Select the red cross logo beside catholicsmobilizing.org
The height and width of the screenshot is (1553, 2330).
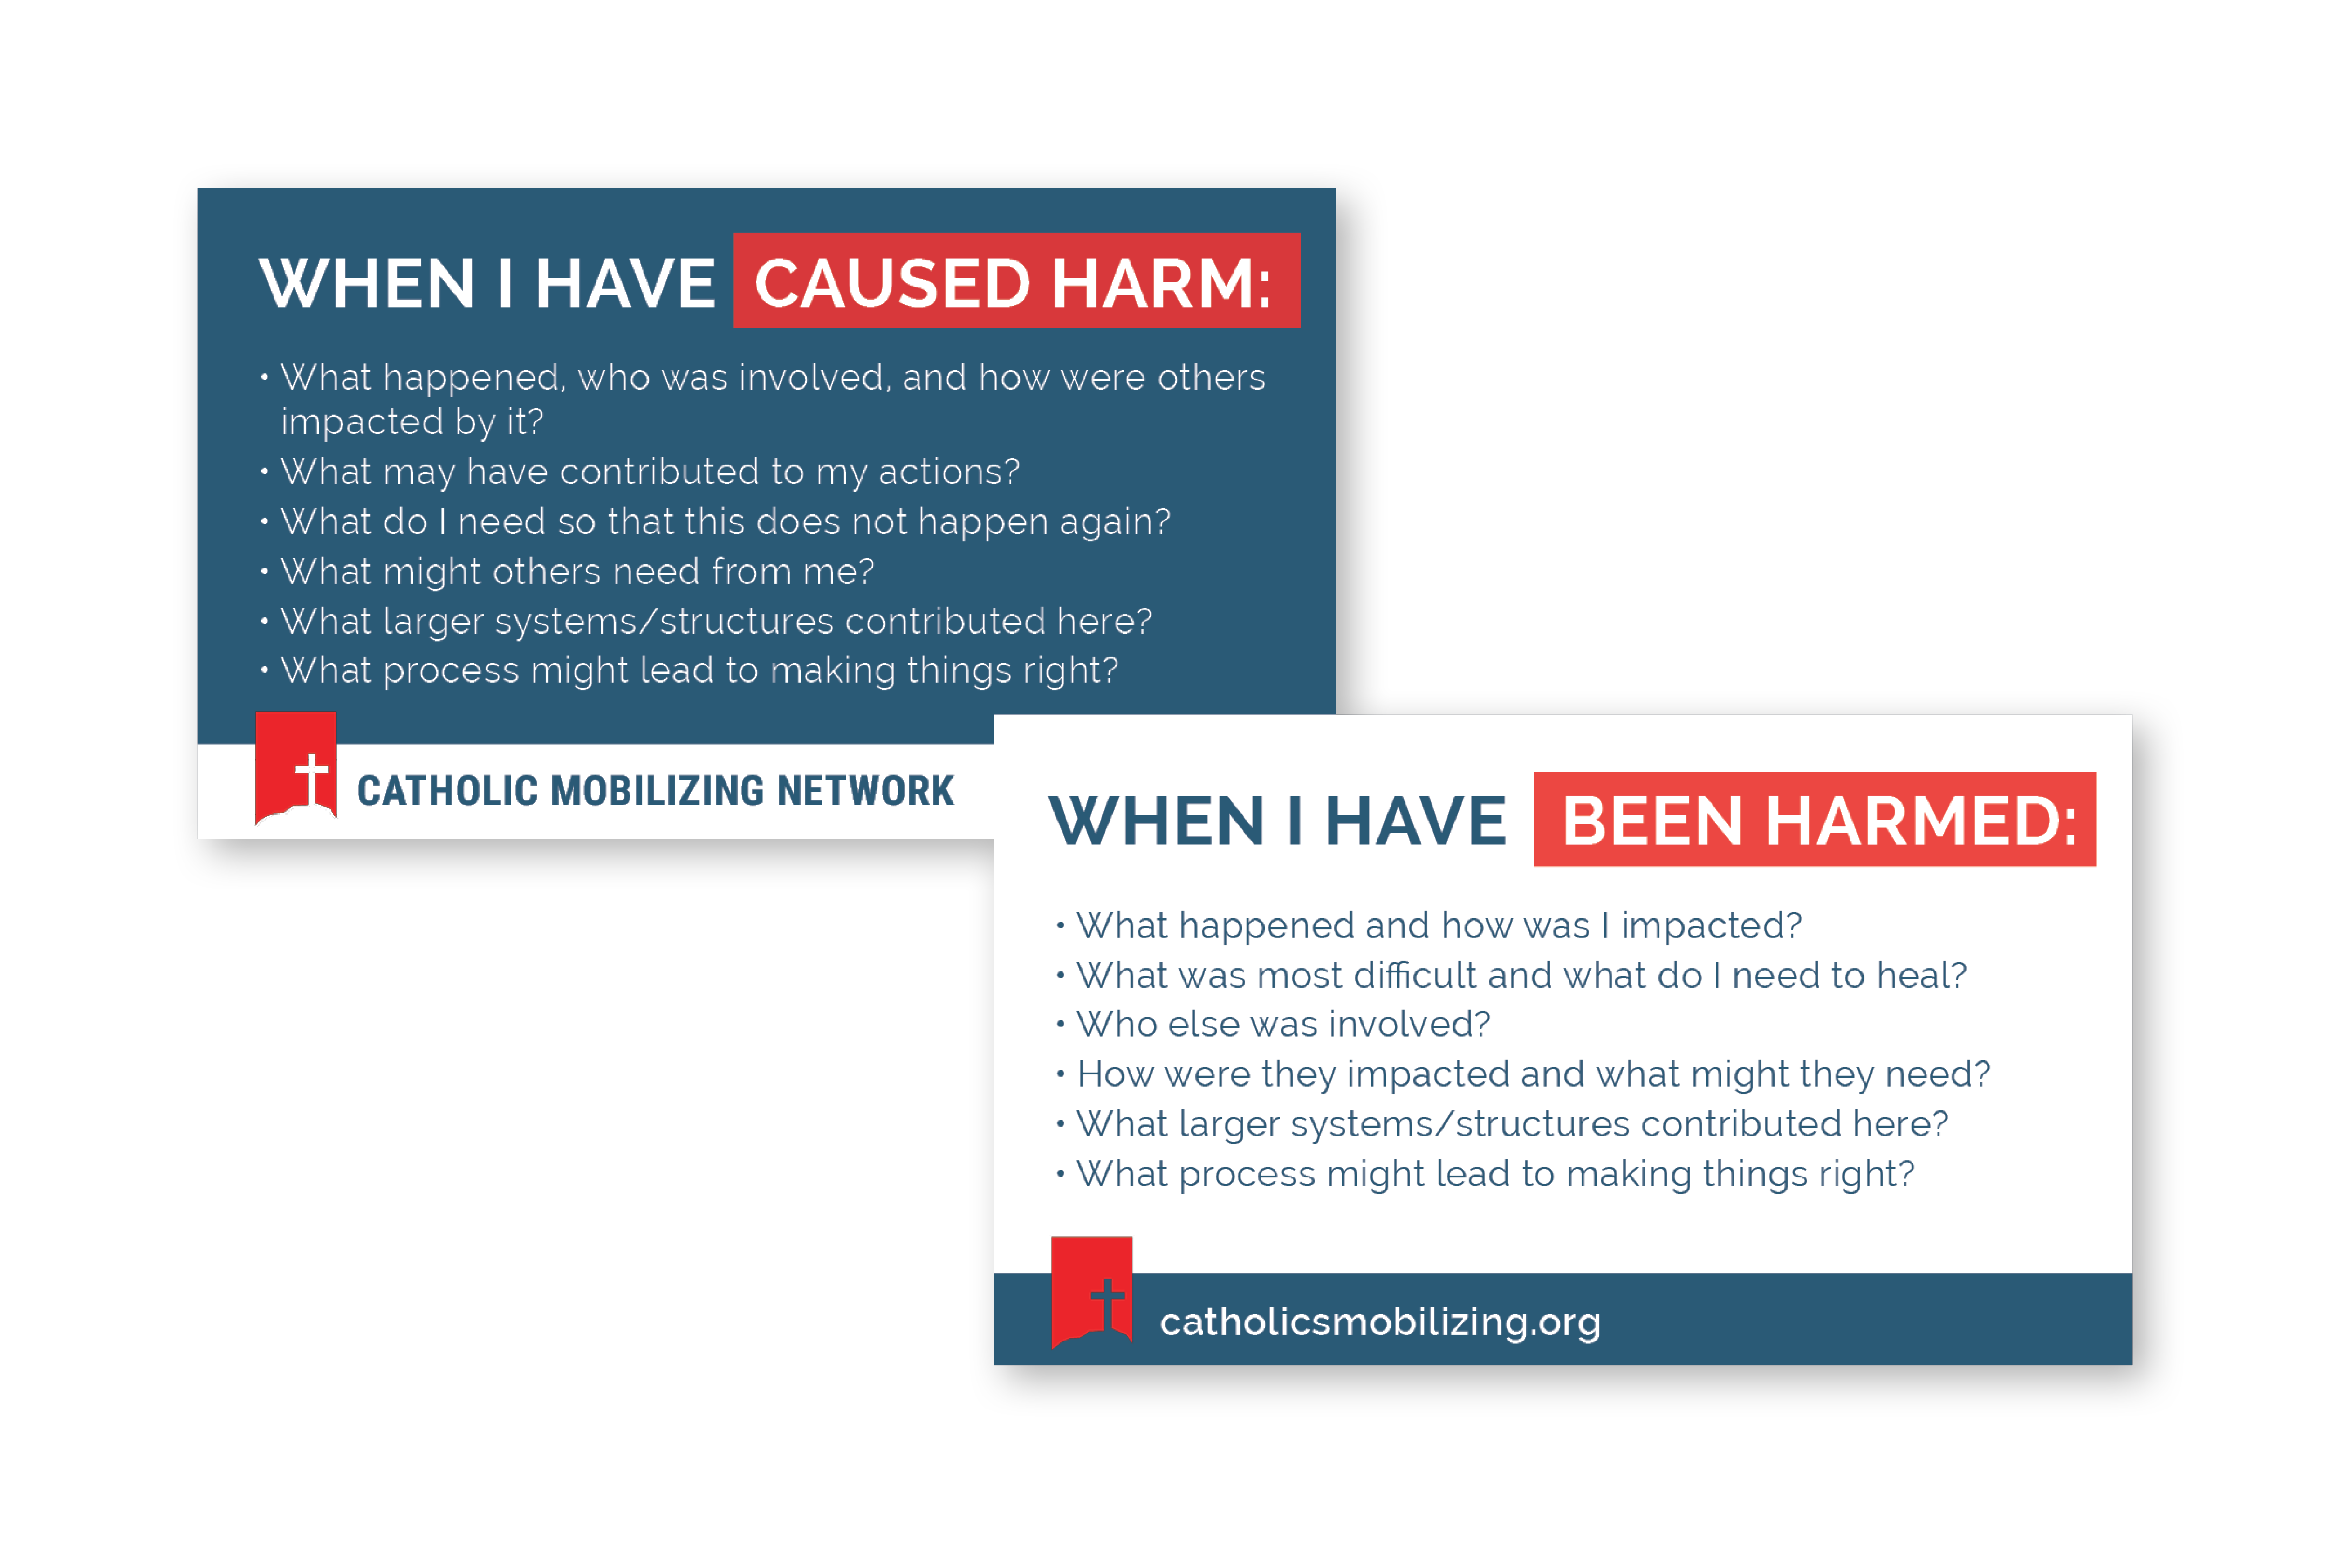[1092, 1293]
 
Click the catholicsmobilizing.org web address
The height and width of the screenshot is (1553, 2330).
[1379, 1322]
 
